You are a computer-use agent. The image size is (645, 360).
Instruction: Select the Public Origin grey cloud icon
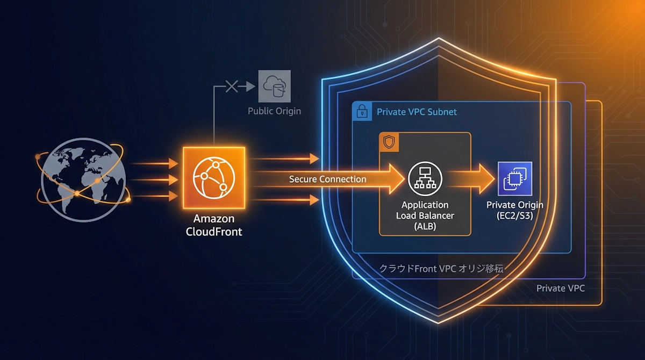(x=274, y=86)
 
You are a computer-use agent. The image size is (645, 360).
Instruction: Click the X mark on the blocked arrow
(x=231, y=86)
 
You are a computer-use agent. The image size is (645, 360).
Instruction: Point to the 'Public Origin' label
(x=274, y=111)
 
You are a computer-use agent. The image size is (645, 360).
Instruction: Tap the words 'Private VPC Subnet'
(x=417, y=112)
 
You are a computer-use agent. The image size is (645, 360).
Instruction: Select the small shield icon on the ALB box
(x=389, y=142)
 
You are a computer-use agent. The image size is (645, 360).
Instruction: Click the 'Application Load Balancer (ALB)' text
(x=425, y=215)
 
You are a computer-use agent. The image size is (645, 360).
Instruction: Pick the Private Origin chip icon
(x=514, y=178)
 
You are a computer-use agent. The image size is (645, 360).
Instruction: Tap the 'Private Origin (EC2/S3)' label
(x=514, y=210)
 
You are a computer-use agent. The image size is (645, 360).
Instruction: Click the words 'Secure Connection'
(x=328, y=179)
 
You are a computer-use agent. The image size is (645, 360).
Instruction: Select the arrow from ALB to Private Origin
(x=473, y=178)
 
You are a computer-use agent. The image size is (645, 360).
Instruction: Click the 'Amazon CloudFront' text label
(x=214, y=225)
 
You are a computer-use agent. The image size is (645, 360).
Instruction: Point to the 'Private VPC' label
(x=560, y=288)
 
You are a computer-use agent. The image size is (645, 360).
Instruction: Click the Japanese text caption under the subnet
(x=441, y=269)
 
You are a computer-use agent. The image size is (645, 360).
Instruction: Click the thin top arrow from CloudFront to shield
(x=285, y=159)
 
